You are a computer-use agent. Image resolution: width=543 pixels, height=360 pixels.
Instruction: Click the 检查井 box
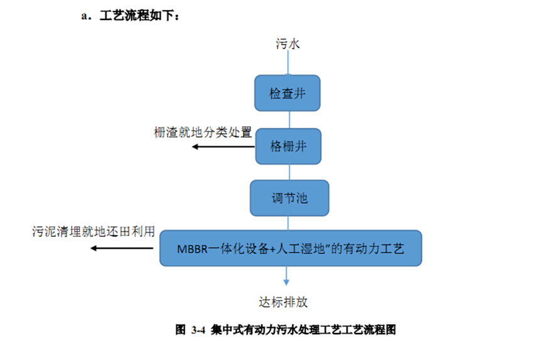point(288,94)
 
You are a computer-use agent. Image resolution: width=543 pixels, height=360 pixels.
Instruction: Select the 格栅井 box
point(288,146)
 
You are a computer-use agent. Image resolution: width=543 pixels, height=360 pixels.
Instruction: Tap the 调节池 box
point(289,198)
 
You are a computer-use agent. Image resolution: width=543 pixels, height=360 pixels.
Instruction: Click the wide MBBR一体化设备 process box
point(290,248)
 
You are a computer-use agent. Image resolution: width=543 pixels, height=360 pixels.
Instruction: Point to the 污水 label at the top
point(288,43)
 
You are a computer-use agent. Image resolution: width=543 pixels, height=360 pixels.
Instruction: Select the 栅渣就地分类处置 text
point(203,133)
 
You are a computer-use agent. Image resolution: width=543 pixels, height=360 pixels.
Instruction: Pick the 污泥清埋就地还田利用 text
point(94,231)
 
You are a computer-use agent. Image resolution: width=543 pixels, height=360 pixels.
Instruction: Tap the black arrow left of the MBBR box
point(122,248)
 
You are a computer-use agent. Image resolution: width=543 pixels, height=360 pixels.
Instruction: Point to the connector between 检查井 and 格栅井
point(289,120)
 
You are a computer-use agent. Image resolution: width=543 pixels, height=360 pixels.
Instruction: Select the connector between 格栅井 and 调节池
point(289,172)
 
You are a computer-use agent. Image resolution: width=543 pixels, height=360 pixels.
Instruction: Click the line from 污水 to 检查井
point(289,63)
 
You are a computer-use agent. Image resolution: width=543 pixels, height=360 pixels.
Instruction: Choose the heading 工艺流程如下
point(140,16)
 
